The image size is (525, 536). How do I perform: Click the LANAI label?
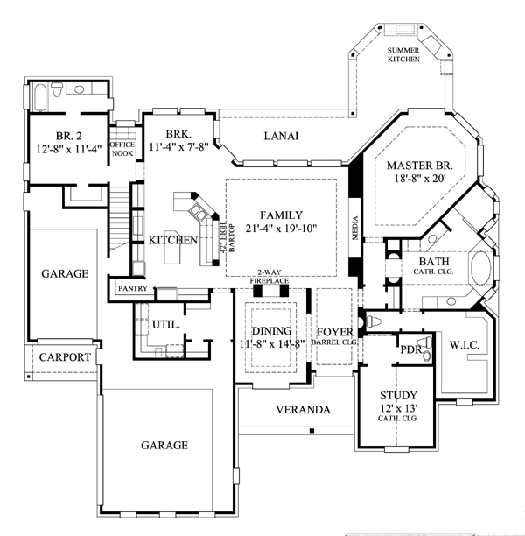pyautogui.click(x=281, y=136)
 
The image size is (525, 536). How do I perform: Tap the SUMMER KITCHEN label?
pyautogui.click(x=403, y=54)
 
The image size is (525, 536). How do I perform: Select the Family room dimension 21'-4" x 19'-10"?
pyautogui.click(x=282, y=228)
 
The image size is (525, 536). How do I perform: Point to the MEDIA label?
pyautogui.click(x=355, y=228)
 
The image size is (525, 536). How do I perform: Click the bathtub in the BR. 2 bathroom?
pyautogui.click(x=40, y=96)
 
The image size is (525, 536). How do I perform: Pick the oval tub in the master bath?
pyautogui.click(x=481, y=268)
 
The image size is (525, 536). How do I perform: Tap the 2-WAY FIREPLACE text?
pyautogui.click(x=269, y=277)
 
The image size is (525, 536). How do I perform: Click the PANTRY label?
pyautogui.click(x=133, y=288)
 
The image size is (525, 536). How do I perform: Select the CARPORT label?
pyautogui.click(x=65, y=357)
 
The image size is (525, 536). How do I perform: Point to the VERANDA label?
pyautogui.click(x=303, y=410)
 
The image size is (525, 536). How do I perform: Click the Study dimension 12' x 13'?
pyautogui.click(x=399, y=408)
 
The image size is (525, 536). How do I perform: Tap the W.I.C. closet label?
pyautogui.click(x=464, y=345)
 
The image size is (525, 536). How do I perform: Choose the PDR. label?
pyautogui.click(x=411, y=350)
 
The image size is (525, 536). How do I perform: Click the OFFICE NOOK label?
pyautogui.click(x=122, y=149)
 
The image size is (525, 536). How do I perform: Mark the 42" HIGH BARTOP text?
pyautogui.click(x=227, y=238)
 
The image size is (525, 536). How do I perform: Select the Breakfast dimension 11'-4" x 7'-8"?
pyautogui.click(x=178, y=147)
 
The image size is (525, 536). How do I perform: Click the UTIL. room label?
pyautogui.click(x=166, y=324)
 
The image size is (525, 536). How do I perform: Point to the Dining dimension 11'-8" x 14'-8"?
pyautogui.click(x=272, y=343)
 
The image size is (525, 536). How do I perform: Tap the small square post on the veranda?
pyautogui.click(x=311, y=432)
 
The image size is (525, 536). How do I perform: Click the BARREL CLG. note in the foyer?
pyautogui.click(x=334, y=342)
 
